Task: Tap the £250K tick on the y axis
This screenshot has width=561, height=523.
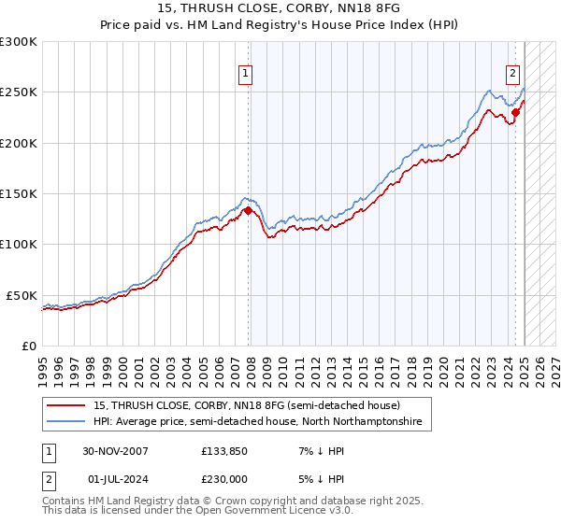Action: pyautogui.click(x=18, y=92)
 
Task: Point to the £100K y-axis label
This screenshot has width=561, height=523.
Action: pyautogui.click(x=18, y=244)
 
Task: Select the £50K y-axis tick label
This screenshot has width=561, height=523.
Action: pyautogui.click(x=22, y=295)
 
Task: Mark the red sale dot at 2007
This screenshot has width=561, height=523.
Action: pyautogui.click(x=248, y=211)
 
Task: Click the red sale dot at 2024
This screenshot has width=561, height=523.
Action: pyautogui.click(x=515, y=113)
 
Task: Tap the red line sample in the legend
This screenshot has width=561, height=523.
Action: pyautogui.click(x=67, y=405)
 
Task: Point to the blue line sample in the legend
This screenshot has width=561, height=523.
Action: pyautogui.click(x=67, y=422)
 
